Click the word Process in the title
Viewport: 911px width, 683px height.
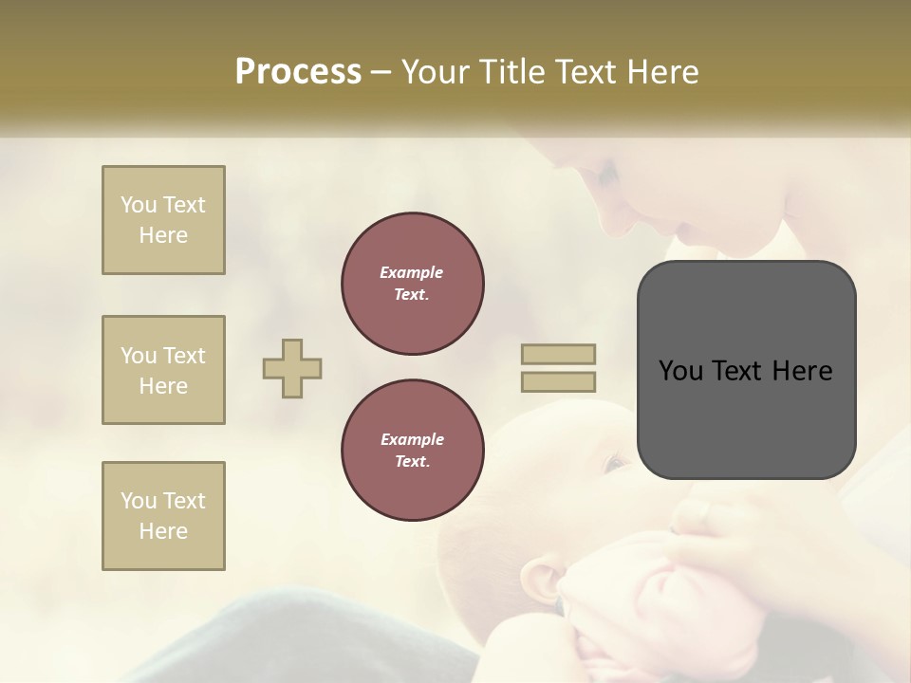(298, 71)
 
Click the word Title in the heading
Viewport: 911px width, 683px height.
(513, 71)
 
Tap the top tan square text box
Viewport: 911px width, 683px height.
(163, 220)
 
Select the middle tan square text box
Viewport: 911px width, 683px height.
(163, 370)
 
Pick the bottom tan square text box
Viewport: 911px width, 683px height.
(163, 516)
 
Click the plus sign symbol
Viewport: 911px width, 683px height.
(292, 369)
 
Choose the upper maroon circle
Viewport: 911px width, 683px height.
(413, 284)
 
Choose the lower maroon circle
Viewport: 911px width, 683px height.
(413, 451)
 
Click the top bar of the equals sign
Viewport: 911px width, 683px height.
(559, 355)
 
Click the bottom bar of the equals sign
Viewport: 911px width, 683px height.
(559, 382)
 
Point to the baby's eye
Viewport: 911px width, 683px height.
(615, 464)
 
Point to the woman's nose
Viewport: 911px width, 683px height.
(691, 232)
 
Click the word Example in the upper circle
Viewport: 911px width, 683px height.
(412, 272)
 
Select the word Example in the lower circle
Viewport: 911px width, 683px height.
(412, 439)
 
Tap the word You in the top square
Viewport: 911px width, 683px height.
(138, 205)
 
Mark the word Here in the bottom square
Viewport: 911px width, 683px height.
(163, 531)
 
